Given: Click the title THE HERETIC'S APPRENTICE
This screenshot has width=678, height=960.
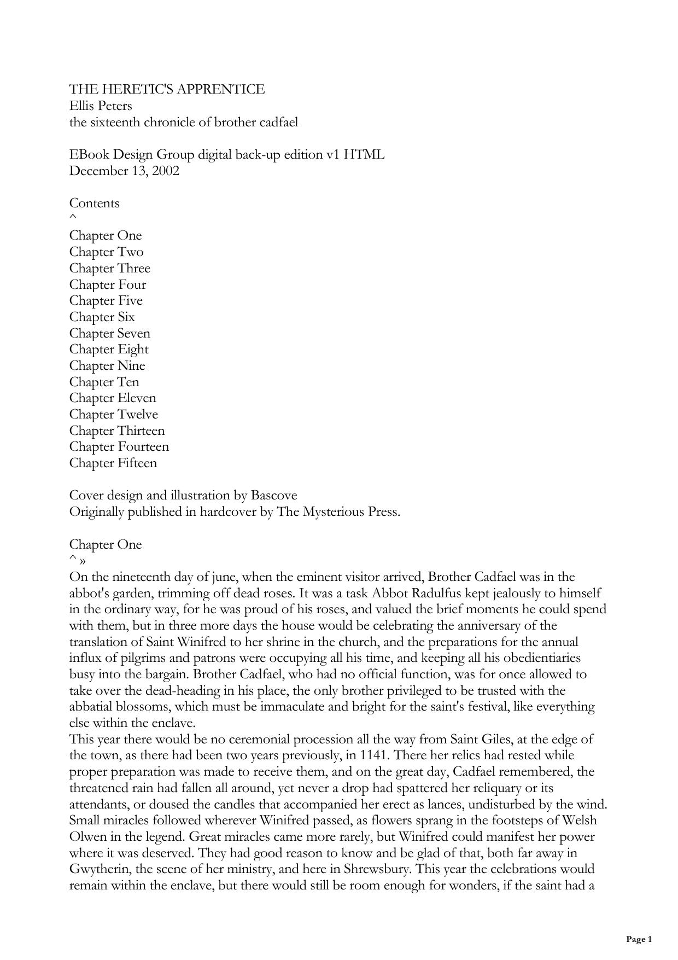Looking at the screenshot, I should (x=167, y=89).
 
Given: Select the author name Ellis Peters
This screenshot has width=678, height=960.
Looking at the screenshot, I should (x=101, y=106).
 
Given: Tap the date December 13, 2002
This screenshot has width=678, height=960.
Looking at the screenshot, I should (x=124, y=171).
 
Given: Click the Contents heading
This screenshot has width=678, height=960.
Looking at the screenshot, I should (x=94, y=203).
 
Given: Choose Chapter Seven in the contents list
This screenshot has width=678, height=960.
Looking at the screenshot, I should (x=109, y=333).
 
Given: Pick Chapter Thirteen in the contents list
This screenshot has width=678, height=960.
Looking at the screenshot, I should (x=116, y=430).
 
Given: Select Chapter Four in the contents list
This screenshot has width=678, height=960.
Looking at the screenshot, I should (x=107, y=284).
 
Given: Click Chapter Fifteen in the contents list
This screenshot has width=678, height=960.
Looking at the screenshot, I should (x=113, y=463).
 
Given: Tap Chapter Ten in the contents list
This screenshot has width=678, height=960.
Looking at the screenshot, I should (x=104, y=382).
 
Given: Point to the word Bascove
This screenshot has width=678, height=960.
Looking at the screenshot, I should (x=274, y=496).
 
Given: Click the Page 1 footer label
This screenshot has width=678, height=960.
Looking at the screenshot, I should (x=639, y=939).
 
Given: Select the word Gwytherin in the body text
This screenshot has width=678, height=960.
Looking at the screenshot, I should (x=101, y=869).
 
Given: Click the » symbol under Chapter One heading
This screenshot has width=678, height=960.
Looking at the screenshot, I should (x=83, y=561).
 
